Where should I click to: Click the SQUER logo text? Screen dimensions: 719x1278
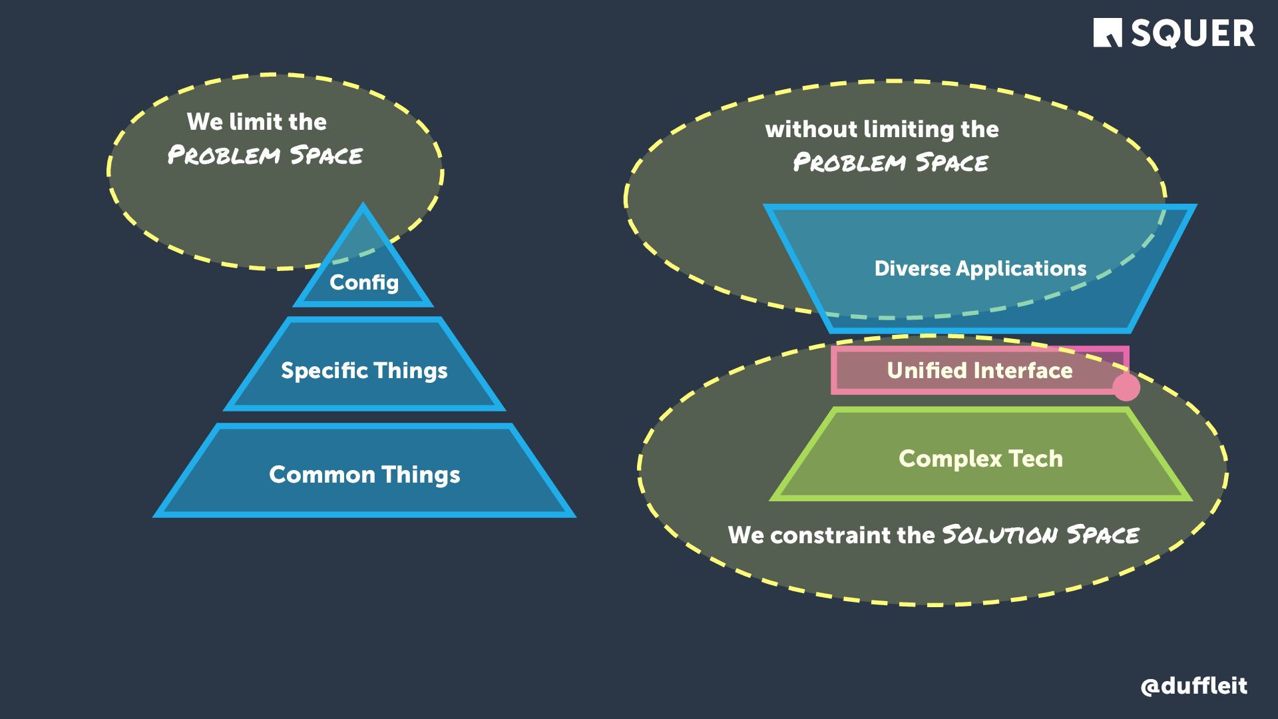1192,33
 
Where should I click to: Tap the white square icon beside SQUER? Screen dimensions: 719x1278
1107,33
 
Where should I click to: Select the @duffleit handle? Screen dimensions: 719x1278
1193,686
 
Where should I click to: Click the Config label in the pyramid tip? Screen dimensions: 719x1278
363,282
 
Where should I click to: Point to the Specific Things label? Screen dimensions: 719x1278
364,371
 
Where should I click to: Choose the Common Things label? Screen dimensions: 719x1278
364,475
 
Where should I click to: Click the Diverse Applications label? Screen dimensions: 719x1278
980,268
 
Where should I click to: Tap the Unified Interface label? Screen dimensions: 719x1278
979,370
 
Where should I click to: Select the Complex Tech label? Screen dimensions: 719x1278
980,459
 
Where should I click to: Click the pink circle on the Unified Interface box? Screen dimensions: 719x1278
1126,387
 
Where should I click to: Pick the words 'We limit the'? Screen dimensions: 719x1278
257,122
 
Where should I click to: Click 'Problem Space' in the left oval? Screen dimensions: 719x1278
265,156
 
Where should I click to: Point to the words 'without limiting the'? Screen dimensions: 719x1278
882,129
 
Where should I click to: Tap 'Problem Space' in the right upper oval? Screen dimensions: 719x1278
891,162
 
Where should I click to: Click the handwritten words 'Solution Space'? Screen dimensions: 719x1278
1040,535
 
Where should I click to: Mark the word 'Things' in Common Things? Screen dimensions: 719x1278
421,475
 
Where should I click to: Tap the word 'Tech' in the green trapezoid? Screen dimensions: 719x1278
1035,459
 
